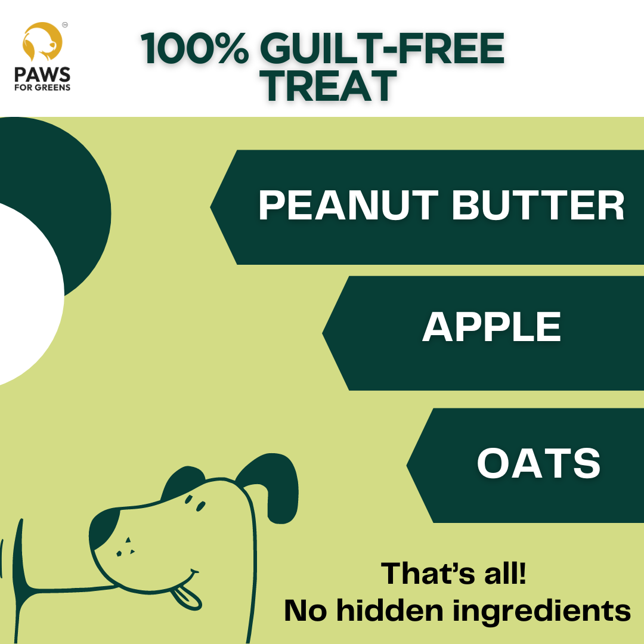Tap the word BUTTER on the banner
pos(538,206)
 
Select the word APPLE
pos(492,327)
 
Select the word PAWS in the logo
pos(43,75)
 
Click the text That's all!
pos(454,573)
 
